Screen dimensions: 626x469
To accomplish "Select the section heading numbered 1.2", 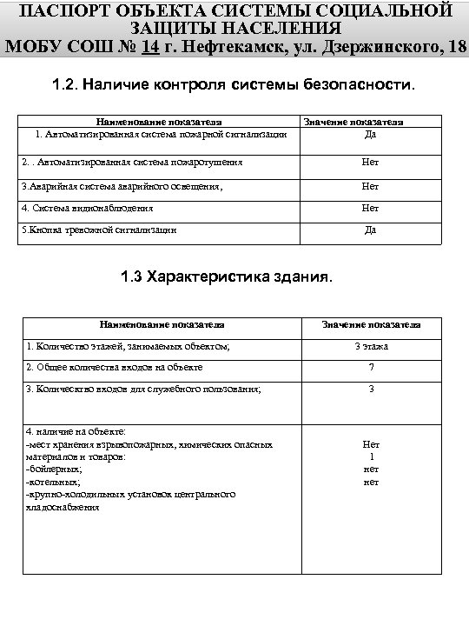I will [234, 87].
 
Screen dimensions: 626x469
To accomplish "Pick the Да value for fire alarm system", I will [371, 134].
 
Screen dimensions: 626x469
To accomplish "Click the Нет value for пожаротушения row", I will [371, 163].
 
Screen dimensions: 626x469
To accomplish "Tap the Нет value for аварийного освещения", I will [371, 186].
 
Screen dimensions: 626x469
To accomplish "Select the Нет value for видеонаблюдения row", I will [371, 209].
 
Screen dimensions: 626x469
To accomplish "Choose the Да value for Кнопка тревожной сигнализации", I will [371, 230].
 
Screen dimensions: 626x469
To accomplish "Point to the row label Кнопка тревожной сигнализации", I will [99, 230].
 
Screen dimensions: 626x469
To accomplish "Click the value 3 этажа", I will [371, 346].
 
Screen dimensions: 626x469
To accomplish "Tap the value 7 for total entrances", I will [371, 368].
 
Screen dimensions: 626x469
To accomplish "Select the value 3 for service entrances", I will [371, 390].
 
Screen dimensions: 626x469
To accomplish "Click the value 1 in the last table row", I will [371, 456].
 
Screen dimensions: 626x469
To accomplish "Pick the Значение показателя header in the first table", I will [371, 123].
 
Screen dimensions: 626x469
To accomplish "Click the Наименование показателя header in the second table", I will [162, 324].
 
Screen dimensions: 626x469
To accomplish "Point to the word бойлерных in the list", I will [61, 469].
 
